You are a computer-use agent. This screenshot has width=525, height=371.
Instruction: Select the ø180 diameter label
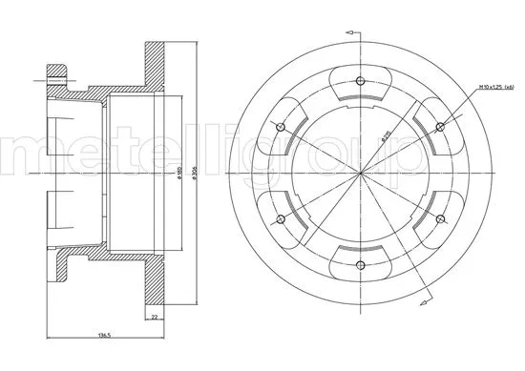179,175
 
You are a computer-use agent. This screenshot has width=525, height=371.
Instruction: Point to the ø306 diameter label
193,175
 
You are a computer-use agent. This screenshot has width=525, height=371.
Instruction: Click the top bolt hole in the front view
361,80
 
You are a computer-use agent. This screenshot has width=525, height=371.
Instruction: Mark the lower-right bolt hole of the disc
440,219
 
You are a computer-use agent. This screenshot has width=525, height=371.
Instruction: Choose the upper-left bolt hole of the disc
281,126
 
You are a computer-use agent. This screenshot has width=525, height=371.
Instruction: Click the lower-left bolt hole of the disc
281,219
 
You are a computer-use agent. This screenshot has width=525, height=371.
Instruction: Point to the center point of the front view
361,173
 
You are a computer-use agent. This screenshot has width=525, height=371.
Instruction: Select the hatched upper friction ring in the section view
153,63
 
